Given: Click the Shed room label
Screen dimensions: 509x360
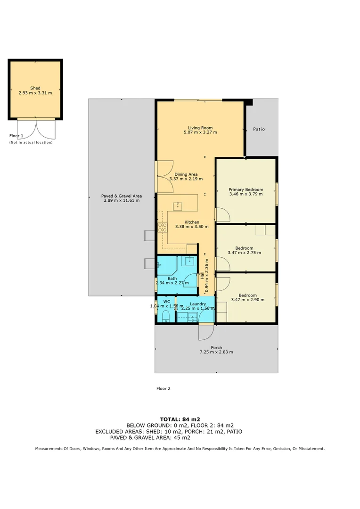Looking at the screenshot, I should pos(35,88).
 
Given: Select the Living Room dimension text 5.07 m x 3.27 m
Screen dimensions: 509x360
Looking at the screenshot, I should pos(200,132).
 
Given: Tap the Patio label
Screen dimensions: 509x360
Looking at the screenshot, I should pos(259,129).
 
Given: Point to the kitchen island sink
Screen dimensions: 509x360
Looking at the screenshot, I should pos(178,206).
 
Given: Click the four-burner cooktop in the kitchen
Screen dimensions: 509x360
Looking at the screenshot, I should pos(163,227).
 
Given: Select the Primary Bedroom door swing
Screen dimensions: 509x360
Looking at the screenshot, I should pos(222,214).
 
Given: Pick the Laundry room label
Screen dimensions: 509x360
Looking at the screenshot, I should pos(198,304).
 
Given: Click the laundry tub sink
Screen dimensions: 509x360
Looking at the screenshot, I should pos(193,317).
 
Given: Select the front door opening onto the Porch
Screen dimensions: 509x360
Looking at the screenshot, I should pos(205,331).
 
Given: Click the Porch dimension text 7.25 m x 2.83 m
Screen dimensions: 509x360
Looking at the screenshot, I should pos(216,352).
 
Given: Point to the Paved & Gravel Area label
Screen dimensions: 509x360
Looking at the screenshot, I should pos(122,196).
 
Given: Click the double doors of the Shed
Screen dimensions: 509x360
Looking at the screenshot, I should pos(35,128).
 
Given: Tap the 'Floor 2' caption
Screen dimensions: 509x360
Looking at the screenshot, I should pos(163,389).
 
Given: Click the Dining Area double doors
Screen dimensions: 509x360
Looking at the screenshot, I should pos(164,177).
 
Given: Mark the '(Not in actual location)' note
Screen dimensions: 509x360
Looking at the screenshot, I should pos(31,142).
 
